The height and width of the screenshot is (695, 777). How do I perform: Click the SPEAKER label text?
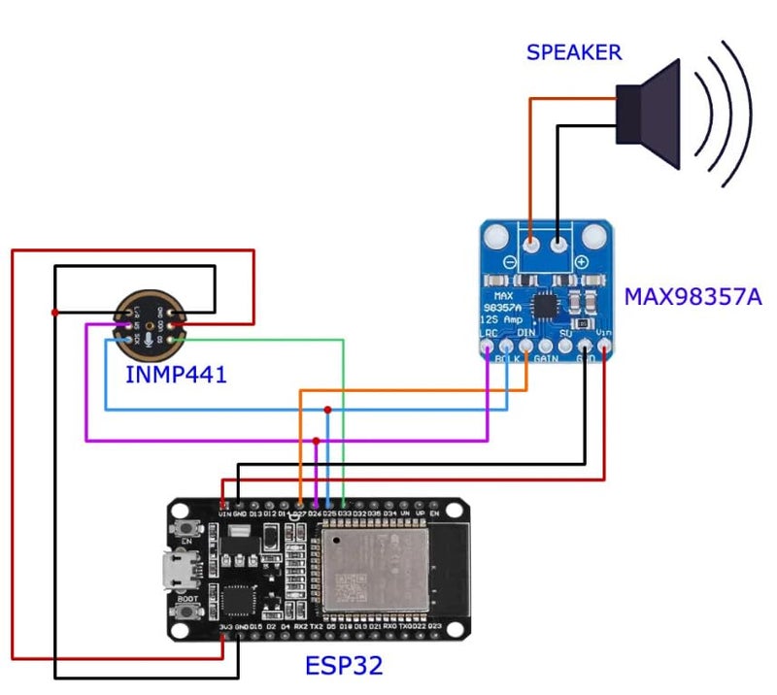pos(573,52)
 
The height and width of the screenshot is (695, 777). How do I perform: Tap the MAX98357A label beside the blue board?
pos(693,296)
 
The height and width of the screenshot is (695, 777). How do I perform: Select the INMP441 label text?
pos(176,373)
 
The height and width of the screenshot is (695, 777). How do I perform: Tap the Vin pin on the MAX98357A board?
pos(605,346)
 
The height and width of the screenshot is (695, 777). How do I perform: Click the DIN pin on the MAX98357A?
pos(526,346)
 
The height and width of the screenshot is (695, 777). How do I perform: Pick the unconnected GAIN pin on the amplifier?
pos(546,346)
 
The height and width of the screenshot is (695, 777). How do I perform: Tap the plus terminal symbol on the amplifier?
pos(581,263)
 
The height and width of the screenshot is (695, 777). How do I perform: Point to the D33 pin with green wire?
pos(344,505)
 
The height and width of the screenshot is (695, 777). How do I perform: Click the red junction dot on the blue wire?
pos(328,410)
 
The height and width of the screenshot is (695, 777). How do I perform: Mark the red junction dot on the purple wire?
pos(317,441)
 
